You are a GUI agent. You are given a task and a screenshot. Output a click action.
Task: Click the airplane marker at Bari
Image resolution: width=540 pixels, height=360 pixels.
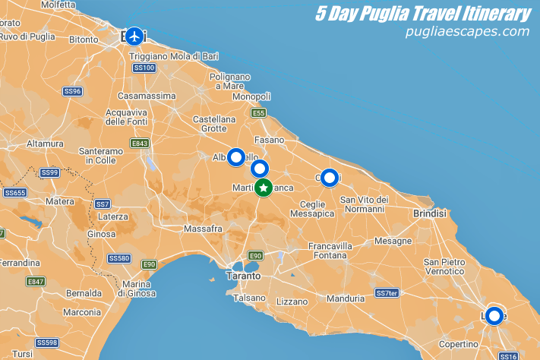(135, 36)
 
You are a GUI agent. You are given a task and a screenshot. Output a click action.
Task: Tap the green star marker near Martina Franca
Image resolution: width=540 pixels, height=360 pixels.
(263, 187)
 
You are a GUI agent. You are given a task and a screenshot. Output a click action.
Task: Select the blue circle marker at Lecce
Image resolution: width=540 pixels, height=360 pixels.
(494, 315)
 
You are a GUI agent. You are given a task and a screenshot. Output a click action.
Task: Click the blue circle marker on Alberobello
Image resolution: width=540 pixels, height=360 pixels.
(236, 157)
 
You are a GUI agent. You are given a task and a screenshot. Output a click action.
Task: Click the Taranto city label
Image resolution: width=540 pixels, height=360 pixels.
(243, 276)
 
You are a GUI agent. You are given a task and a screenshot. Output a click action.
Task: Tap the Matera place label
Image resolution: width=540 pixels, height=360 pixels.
(59, 201)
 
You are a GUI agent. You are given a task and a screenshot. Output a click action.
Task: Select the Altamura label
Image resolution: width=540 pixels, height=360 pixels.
(45, 143)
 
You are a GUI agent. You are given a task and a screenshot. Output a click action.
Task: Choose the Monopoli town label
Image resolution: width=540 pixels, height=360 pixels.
(251, 96)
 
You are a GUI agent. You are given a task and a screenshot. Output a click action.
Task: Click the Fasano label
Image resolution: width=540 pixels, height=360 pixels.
(270, 140)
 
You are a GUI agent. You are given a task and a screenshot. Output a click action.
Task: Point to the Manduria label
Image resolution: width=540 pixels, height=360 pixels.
(346, 298)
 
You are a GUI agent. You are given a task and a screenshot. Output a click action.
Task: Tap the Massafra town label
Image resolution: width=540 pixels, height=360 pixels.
(203, 228)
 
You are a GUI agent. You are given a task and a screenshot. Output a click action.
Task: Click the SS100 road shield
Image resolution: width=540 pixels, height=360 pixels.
(144, 68)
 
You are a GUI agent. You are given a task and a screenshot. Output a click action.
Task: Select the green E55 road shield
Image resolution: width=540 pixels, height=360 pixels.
(259, 112)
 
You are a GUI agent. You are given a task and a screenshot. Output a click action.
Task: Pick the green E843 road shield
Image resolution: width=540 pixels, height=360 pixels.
(139, 143)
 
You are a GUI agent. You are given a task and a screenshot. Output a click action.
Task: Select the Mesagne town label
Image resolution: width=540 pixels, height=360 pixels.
(392, 241)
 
